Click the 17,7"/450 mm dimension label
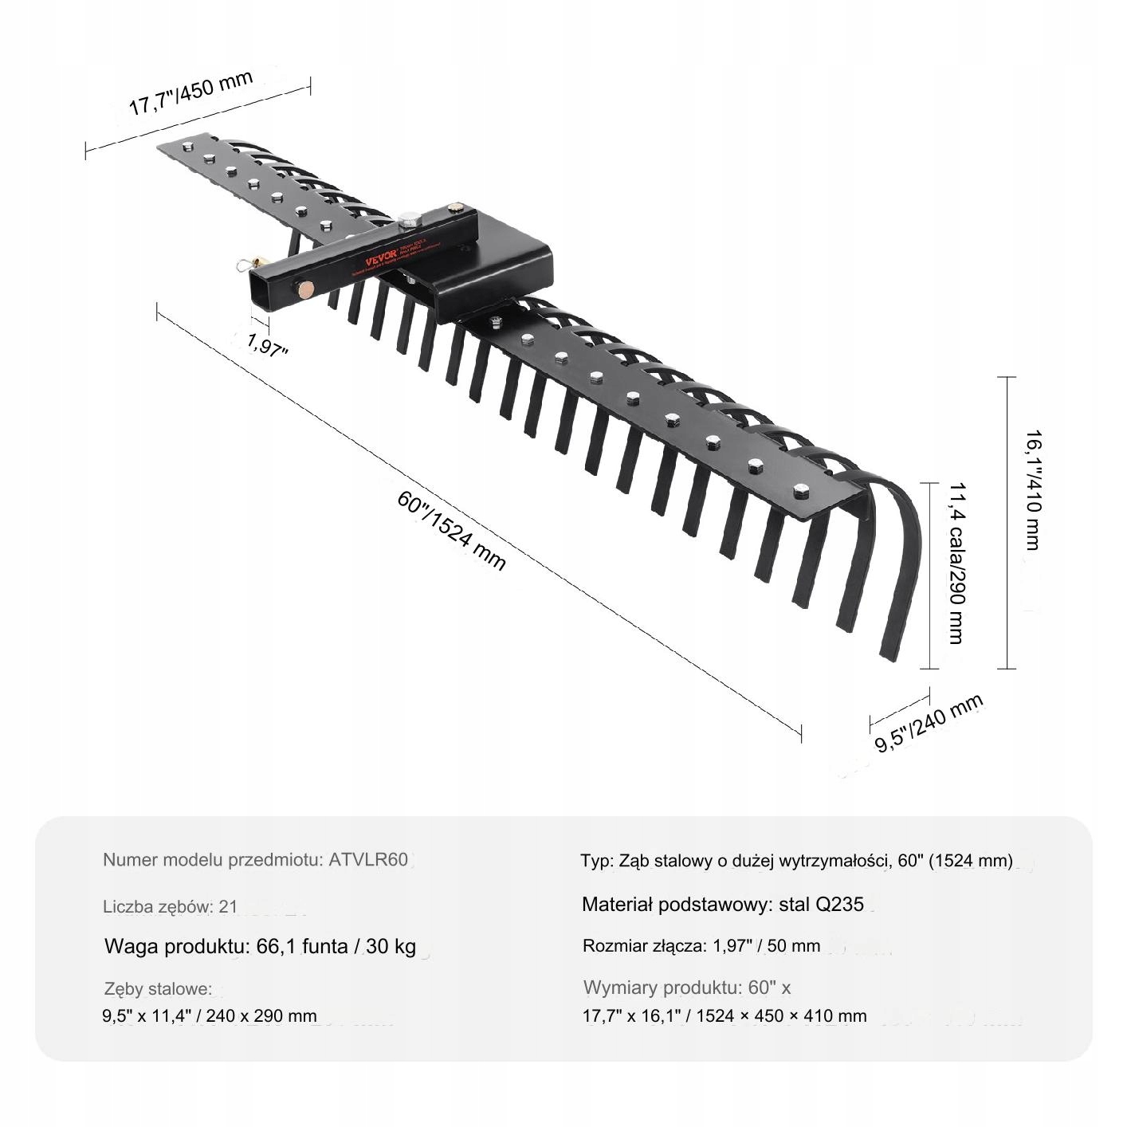coord(191,93)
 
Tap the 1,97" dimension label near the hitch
coord(267,346)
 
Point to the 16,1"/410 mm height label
coord(1033,489)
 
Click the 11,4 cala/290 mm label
coord(956,563)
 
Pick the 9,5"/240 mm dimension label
coord(929,722)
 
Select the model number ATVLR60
coord(368,860)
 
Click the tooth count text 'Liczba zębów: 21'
coord(170,906)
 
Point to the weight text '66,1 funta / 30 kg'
coord(336,947)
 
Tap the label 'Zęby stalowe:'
coord(159,989)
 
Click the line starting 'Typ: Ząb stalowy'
coord(796,861)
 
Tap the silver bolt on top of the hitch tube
coord(408,217)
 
